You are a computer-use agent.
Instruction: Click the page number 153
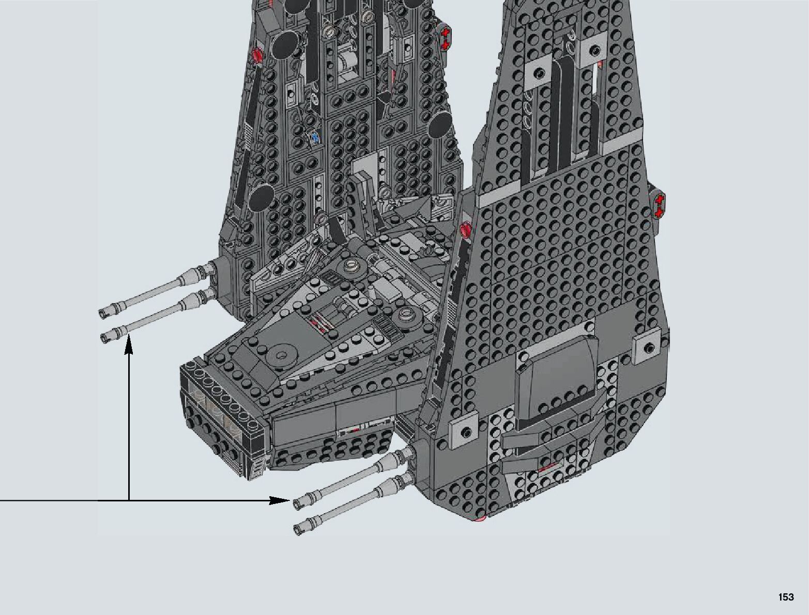(x=786, y=597)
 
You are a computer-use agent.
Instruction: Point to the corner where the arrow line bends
(x=129, y=500)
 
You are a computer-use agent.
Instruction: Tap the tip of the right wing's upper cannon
(x=297, y=503)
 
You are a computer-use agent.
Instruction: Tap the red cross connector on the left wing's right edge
(x=445, y=39)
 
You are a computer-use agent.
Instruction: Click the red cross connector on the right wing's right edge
(x=659, y=205)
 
